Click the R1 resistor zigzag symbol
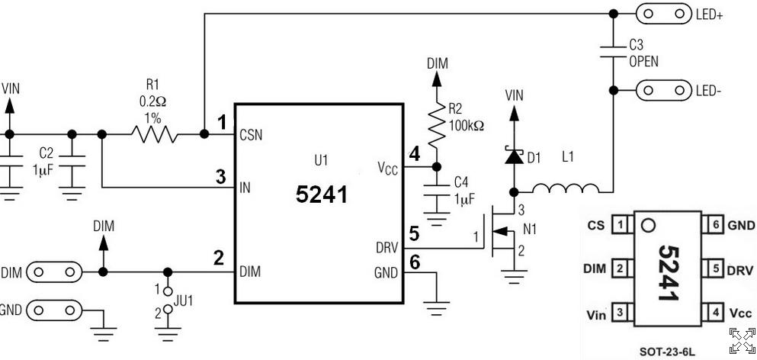(x=153, y=134)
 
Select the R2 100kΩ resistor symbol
(x=436, y=124)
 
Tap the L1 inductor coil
(x=566, y=188)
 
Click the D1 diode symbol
(x=514, y=156)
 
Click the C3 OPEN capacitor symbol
(x=613, y=52)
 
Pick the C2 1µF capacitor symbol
(x=72, y=162)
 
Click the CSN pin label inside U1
(x=251, y=135)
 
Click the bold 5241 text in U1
(x=322, y=194)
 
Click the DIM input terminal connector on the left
(x=54, y=272)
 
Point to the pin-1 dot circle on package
(x=648, y=226)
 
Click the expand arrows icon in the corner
(x=742, y=340)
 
